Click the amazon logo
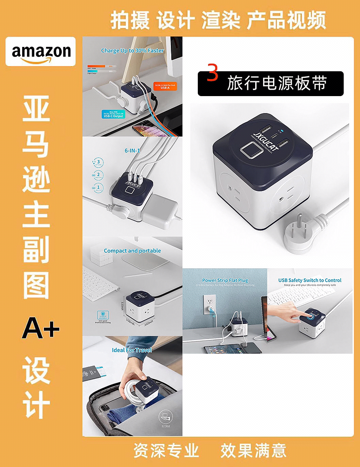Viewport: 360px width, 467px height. [40, 52]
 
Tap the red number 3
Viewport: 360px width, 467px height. [212, 74]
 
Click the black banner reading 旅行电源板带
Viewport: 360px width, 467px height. [270, 83]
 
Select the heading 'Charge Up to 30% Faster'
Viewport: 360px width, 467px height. [132, 50]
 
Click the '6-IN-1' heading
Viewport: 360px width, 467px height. [132, 150]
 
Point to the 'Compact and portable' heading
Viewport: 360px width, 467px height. [132, 251]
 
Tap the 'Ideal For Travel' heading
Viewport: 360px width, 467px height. [132, 350]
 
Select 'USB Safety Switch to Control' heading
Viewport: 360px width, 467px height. [310, 280]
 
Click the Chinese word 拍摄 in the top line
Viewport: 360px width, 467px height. [130, 21]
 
